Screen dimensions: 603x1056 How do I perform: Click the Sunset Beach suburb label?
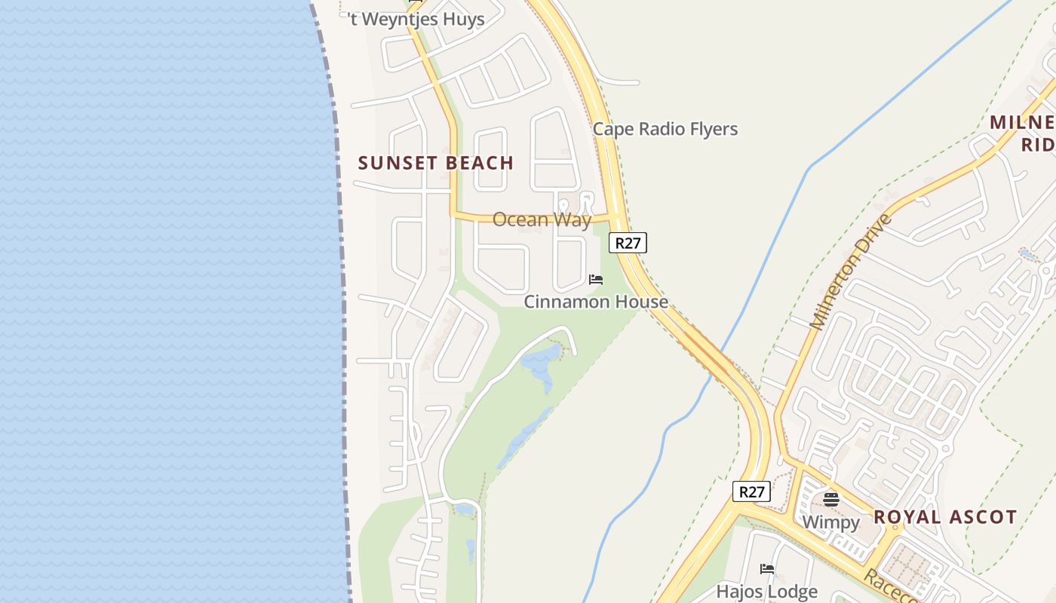[x=435, y=163]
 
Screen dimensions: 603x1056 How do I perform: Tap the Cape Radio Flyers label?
[x=665, y=129]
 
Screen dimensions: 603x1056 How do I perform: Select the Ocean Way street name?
[x=542, y=219]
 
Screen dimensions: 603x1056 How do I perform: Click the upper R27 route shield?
[x=628, y=243]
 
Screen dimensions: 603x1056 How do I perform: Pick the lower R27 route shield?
[x=751, y=492]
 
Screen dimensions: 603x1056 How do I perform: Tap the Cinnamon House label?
[x=596, y=301]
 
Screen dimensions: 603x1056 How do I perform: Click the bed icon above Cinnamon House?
[x=596, y=280]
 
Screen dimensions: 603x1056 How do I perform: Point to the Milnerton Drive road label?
[x=851, y=272]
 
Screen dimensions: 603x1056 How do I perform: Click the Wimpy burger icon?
[x=831, y=499]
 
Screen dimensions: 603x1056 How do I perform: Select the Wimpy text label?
[x=830, y=522]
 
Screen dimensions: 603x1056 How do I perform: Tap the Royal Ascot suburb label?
[x=945, y=517]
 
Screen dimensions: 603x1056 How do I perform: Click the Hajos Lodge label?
[x=766, y=592]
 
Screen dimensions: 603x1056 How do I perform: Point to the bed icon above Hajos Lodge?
[x=767, y=569]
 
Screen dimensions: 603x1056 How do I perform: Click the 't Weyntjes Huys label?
[x=417, y=20]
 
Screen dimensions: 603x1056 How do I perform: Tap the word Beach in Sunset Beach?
[x=480, y=163]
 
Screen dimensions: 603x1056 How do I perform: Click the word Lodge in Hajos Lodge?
[x=791, y=592]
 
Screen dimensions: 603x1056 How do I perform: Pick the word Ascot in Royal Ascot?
[x=982, y=517]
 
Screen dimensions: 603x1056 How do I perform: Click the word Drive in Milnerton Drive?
[x=876, y=234]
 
